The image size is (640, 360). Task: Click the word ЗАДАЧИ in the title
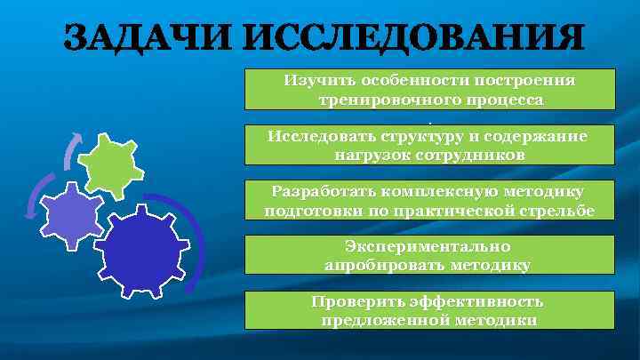tap(155, 39)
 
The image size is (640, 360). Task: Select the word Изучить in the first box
tap(316, 80)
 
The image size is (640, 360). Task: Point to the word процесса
tap(498, 100)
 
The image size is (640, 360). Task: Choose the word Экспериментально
tap(428, 245)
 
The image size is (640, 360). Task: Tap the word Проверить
tap(353, 301)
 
